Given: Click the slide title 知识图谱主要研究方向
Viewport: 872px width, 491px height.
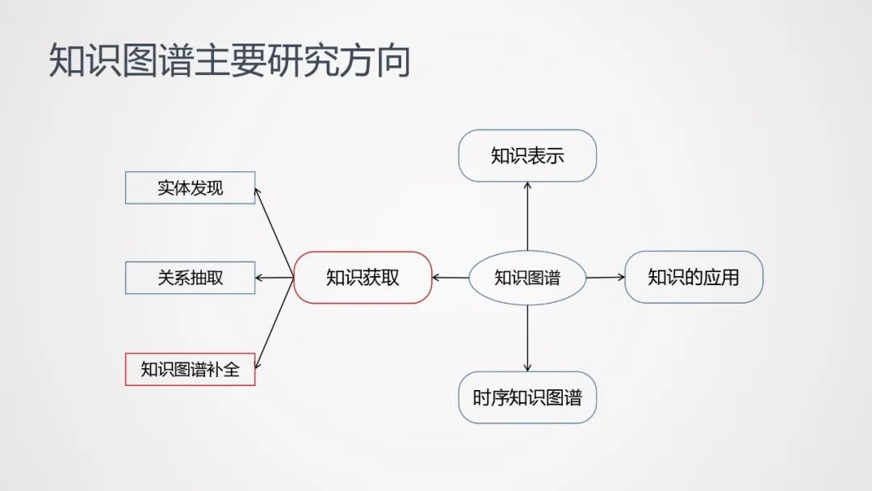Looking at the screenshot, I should (229, 61).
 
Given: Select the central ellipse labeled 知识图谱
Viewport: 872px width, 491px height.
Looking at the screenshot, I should (527, 278).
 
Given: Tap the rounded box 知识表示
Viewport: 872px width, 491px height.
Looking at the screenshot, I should (527, 156).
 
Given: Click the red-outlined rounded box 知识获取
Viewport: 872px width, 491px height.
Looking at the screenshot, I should (363, 278).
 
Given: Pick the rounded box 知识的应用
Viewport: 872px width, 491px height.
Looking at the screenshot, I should (694, 278).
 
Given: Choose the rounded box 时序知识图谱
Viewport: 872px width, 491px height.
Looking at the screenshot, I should (527, 397).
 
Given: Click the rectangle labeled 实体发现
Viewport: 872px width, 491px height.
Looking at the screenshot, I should (191, 188).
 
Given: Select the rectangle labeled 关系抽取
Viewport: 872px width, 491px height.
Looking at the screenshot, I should (191, 278).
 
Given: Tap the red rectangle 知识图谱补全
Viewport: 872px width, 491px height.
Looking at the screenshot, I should (191, 370).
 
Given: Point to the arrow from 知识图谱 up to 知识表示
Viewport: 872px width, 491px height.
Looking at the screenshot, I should (527, 216).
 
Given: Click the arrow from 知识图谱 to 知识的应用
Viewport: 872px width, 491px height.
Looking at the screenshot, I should (606, 278).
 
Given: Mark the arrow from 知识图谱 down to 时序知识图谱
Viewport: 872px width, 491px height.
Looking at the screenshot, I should (527, 338).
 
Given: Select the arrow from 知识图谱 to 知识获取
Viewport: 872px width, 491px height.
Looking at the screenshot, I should (451, 278).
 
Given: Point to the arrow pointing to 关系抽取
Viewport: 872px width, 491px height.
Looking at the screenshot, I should (275, 278).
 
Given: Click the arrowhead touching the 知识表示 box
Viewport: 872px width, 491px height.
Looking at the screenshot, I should (527, 186).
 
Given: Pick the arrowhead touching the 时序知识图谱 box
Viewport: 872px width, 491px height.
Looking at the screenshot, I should (527, 367).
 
